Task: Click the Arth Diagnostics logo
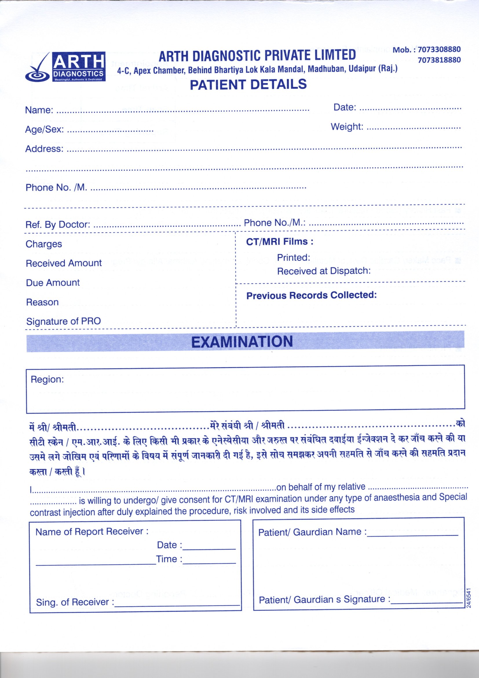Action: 65,67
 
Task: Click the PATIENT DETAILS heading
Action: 248,84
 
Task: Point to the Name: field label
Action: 39,110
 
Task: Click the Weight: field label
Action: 347,127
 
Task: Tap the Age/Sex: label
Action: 45,130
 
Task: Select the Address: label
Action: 44,149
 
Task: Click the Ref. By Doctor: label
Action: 58,224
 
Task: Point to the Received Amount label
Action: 64,263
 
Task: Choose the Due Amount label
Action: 53,283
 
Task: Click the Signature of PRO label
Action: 63,321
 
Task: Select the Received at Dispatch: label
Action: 324,271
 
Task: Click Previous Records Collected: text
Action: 312,295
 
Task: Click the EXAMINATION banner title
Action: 242,342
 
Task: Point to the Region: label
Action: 47,380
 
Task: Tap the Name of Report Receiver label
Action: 92,532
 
